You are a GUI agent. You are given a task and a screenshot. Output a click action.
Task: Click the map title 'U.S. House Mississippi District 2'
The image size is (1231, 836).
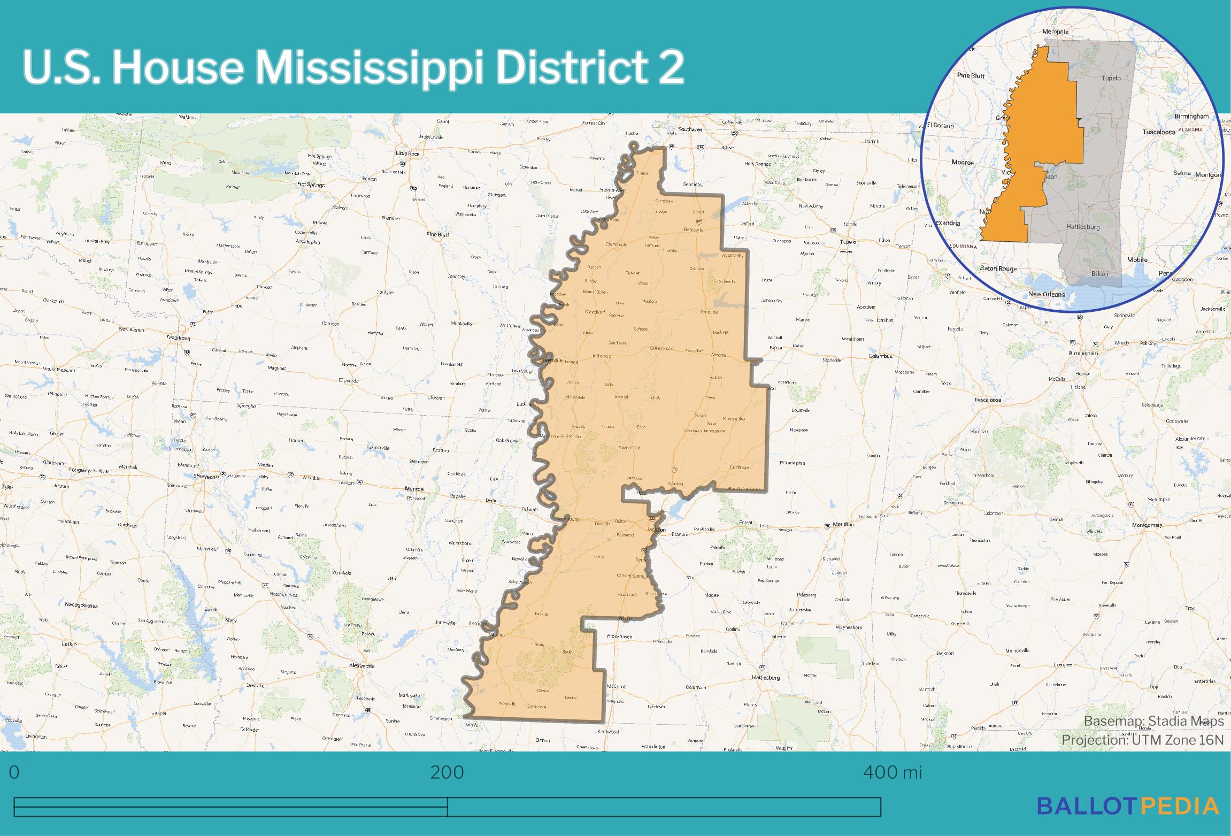(x=353, y=68)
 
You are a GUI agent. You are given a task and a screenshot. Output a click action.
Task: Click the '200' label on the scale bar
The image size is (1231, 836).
(x=447, y=772)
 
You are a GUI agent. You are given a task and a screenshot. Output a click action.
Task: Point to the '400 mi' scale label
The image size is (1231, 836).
(x=893, y=772)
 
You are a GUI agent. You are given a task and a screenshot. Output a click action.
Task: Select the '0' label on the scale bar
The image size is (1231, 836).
(x=14, y=772)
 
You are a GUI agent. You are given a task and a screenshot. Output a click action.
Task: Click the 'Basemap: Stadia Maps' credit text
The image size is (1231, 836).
(x=1153, y=721)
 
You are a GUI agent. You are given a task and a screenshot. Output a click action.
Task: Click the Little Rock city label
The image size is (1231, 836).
(x=407, y=154)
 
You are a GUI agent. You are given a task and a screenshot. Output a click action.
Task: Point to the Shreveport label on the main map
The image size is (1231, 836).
(x=206, y=476)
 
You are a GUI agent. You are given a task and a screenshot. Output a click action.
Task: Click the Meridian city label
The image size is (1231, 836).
(x=843, y=525)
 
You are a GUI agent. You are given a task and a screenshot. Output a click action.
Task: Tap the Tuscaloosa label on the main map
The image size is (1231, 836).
(x=987, y=400)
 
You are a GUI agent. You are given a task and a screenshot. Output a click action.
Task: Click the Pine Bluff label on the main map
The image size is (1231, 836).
(x=437, y=234)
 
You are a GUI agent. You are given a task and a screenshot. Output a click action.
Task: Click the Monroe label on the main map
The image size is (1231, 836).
(x=414, y=489)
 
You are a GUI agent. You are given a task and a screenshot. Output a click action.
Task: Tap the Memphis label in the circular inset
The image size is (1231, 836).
(x=1055, y=32)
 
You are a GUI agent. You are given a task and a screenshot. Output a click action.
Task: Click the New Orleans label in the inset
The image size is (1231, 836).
(x=1047, y=294)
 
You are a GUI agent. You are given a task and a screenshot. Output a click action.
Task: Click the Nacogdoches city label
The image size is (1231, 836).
(x=81, y=605)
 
